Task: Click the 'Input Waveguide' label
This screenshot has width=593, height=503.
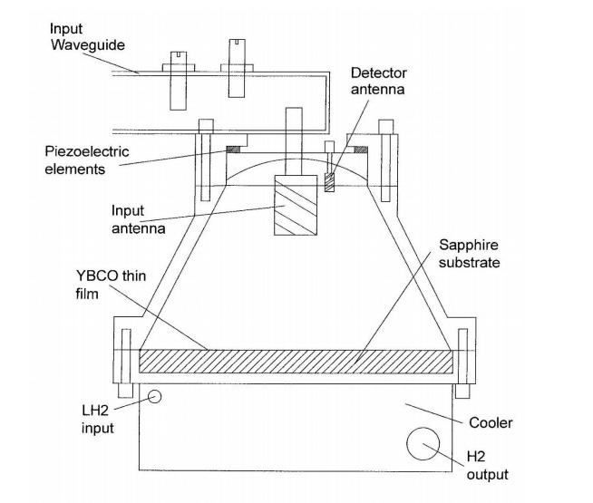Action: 87,37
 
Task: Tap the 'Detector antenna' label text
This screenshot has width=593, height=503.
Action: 379,81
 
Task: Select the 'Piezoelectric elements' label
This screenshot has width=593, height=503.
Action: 87,160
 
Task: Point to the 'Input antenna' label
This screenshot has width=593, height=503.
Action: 138,219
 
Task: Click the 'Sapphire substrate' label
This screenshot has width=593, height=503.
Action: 469,254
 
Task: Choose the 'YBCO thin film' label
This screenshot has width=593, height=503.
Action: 111,285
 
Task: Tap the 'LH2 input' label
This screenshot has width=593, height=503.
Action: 98,419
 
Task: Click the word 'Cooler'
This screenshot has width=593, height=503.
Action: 491,423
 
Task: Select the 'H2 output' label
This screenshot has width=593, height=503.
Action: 487,466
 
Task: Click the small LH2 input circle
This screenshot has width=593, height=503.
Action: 154,396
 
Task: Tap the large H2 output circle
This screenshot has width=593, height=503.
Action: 423,444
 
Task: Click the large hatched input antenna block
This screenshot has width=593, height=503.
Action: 296,205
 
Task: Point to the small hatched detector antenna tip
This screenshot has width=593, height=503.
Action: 329,182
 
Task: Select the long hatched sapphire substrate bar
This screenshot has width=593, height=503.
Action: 296,362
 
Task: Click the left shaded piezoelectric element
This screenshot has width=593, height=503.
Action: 233,150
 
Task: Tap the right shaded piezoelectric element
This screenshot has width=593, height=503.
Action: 361,150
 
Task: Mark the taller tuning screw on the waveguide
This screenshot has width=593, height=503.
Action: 237,68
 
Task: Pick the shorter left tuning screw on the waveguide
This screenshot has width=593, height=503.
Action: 178,81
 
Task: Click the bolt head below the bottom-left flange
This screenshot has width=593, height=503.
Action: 125,391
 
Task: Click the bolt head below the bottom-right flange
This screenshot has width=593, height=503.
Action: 462,392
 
